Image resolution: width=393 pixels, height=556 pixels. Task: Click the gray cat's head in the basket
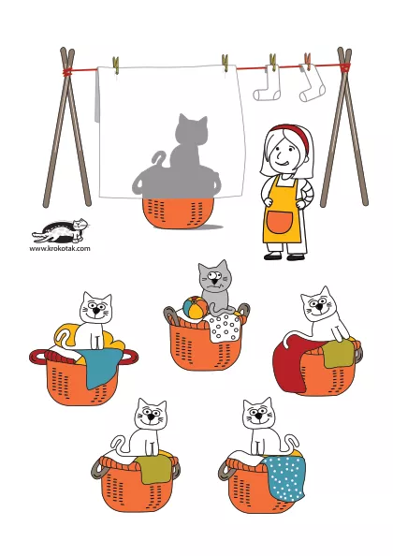pos(214,277)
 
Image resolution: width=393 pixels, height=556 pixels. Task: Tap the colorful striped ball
pos(196,307)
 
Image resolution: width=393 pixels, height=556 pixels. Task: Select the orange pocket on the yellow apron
pos(279,222)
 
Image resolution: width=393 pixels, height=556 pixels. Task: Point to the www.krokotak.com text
pos(60,248)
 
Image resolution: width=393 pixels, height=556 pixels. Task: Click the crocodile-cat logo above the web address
pos(60,230)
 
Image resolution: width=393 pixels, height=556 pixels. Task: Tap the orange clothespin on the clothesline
pos(308,61)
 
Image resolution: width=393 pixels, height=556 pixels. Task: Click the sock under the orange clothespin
pos(311,84)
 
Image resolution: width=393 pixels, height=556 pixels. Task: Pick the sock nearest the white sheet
pos(268,84)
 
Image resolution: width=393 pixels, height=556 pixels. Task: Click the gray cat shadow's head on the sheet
pos(192,130)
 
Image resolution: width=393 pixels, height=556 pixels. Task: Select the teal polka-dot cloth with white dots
pos(284,477)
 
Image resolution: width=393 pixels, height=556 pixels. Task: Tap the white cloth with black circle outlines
pos(225,328)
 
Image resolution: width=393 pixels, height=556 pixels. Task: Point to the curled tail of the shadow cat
pos(158,159)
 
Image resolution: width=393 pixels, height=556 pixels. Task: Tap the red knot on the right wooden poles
pos(344,66)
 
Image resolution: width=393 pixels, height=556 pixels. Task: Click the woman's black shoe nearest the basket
pos(272,256)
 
